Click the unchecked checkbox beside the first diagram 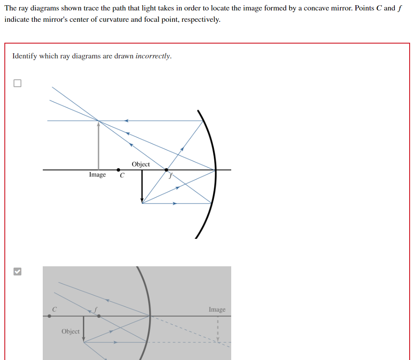[x=17, y=83]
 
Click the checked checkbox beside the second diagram [x=17, y=272]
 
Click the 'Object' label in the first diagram [x=140, y=164]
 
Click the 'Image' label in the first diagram [x=97, y=175]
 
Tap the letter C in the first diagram [x=122, y=176]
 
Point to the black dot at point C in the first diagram [x=118, y=170]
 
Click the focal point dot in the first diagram [x=166, y=170]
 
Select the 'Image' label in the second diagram [x=217, y=309]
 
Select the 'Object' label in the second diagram [x=71, y=331]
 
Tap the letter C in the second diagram [x=54, y=309]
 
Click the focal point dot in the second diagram [x=99, y=316]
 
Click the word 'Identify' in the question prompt [x=24, y=56]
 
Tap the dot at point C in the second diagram [x=49, y=316]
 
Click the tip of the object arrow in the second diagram [x=83, y=341]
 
